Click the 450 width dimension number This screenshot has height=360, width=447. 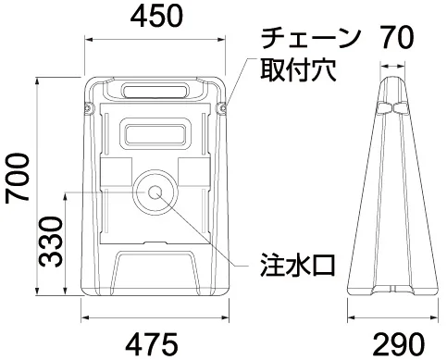tap(156, 16)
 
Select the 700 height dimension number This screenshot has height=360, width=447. tap(17, 179)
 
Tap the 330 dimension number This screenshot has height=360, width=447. tap(51, 242)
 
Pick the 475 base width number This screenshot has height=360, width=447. tap(152, 343)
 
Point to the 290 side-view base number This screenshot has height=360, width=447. tap(399, 343)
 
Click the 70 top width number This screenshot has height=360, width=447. tap(396, 37)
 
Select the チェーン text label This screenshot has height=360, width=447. tap(311, 38)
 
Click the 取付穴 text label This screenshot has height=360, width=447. tap(298, 70)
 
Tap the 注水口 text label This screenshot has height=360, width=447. tap(298, 265)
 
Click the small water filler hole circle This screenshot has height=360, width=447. tap(155, 192)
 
